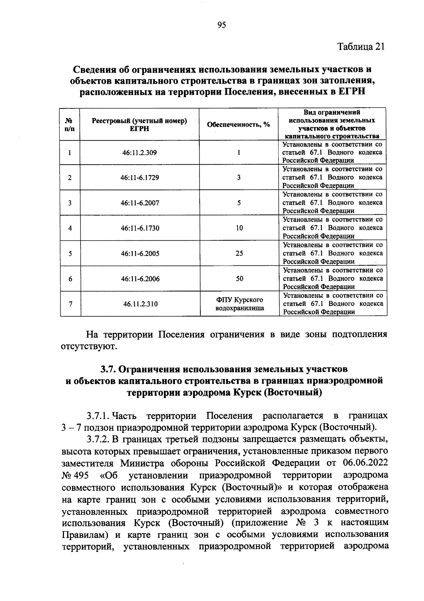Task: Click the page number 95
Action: click(222, 25)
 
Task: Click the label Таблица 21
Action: click(361, 47)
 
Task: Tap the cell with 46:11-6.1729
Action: click(140, 177)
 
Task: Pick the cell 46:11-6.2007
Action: click(140, 203)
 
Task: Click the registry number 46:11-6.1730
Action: click(140, 228)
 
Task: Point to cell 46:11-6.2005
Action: click(140, 253)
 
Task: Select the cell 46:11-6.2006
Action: click(140, 279)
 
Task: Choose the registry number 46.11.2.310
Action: click(140, 304)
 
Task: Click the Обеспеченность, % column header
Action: click(238, 124)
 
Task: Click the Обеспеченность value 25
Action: click(239, 253)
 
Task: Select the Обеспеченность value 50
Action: click(239, 279)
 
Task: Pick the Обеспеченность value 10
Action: click(239, 228)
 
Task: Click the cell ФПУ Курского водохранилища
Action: click(240, 304)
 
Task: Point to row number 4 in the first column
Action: click(70, 228)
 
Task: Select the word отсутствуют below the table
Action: click(88, 346)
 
